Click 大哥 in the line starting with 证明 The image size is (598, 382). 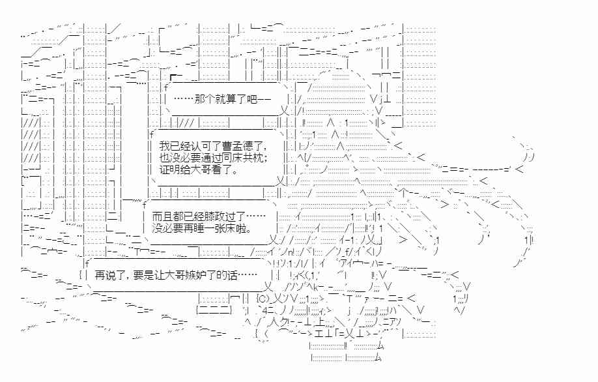pos(199,171)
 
